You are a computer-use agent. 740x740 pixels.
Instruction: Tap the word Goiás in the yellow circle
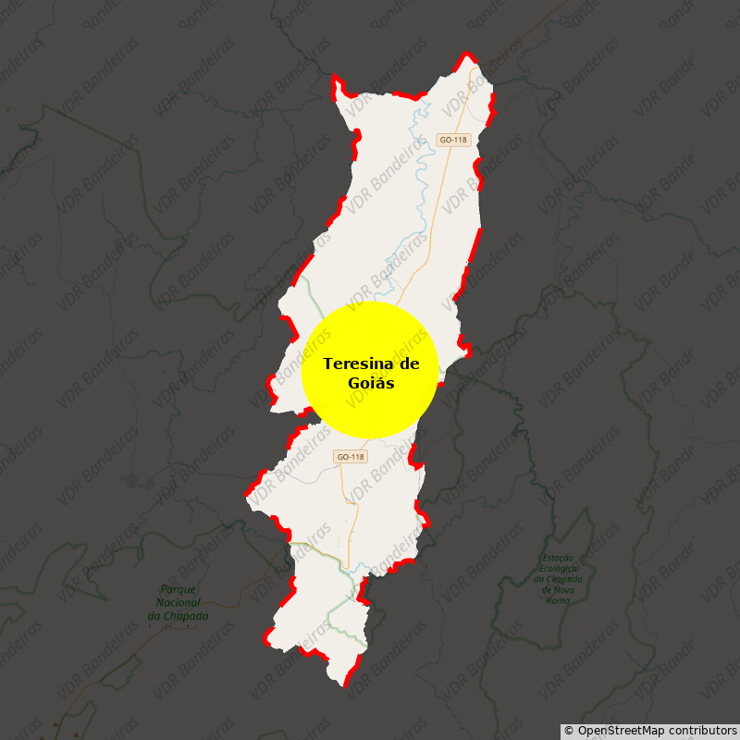tap(371, 383)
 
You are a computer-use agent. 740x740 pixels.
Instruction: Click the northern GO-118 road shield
tap(454, 140)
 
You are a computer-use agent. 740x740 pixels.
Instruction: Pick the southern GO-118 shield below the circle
tap(351, 457)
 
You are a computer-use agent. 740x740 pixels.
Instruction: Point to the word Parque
tap(179, 589)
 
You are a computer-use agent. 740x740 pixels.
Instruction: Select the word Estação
tap(559, 558)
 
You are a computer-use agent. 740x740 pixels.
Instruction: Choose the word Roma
tap(558, 600)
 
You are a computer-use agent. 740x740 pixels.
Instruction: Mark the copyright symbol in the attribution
tap(569, 731)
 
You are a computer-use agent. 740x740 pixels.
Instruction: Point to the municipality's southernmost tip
tap(345, 686)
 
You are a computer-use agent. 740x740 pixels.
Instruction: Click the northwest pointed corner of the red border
tap(334, 77)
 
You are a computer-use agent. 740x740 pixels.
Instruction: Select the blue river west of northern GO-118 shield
tap(421, 148)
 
